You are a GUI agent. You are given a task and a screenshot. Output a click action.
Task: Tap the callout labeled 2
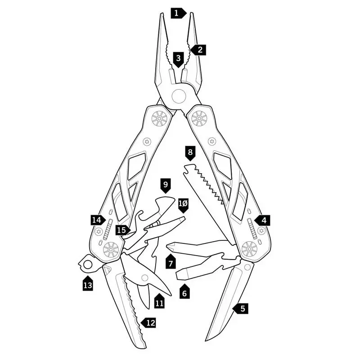199,50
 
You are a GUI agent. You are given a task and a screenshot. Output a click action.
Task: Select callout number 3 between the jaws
179,58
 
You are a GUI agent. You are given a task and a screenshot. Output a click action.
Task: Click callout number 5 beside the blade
242,309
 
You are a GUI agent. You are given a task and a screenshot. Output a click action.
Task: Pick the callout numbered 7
171,262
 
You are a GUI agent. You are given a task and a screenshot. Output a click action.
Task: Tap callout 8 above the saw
190,153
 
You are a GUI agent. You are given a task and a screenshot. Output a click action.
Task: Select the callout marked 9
166,184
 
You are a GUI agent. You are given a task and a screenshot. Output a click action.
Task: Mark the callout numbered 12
149,322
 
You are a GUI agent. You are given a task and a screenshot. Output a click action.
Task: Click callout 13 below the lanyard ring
88,284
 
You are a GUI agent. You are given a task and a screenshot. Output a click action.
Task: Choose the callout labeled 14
97,220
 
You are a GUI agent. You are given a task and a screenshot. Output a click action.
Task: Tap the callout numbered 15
121,230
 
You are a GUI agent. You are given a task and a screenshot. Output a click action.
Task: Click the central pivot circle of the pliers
179,96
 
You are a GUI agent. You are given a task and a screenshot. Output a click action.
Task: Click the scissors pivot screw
145,278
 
